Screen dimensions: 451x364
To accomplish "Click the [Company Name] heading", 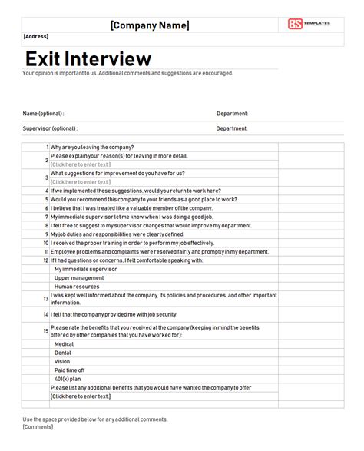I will (x=150, y=25).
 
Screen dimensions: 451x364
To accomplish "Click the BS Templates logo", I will (x=309, y=24).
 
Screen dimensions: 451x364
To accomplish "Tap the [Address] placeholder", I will (x=36, y=36).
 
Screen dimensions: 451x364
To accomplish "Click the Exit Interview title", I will (x=88, y=58).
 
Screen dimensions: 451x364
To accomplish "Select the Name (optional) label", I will (x=43, y=114).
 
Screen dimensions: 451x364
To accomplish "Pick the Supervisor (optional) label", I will (x=50, y=128).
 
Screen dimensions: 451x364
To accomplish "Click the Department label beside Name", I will (x=232, y=114).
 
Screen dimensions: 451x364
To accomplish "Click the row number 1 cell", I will (x=47, y=147).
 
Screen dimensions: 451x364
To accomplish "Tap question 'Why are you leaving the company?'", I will (x=92, y=147).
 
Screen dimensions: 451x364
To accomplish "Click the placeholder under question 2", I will (x=81, y=164).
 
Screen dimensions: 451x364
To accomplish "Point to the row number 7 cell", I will (x=47, y=217).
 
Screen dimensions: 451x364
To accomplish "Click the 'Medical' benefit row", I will (x=64, y=344).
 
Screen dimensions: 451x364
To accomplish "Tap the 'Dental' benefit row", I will (x=63, y=353).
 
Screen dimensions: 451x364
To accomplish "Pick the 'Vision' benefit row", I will (x=62, y=361).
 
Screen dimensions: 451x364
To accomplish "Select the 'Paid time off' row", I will (x=69, y=370).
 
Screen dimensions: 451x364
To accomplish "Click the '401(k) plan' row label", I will (x=68, y=379).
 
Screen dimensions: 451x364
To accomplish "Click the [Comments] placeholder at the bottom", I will (x=38, y=427).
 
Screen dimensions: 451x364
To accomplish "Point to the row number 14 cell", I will (x=46, y=314).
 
